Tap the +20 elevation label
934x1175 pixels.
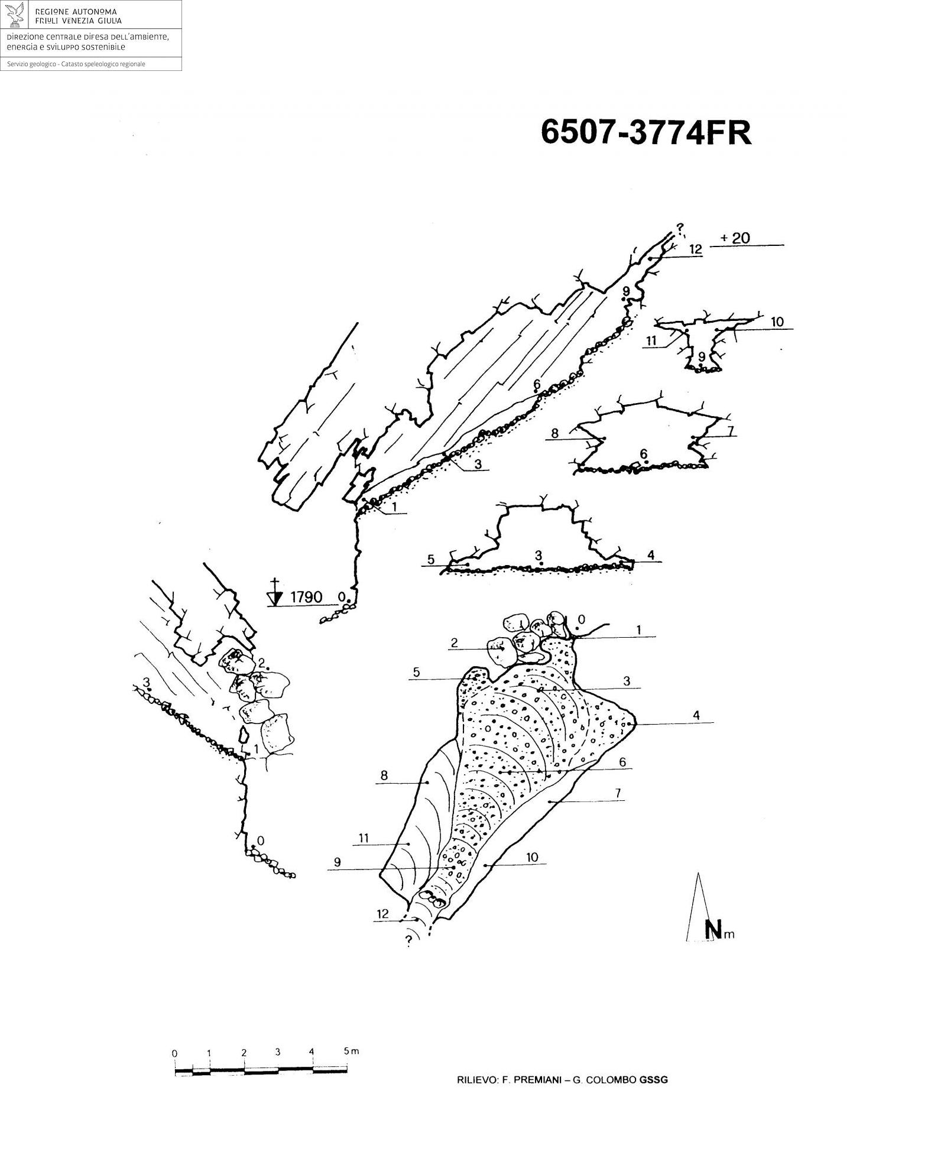tap(735, 238)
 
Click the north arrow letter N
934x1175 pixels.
tap(714, 930)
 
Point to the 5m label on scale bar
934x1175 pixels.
tap(351, 1051)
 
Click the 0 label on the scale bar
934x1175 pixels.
tap(174, 1054)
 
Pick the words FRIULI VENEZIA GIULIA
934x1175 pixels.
tap(79, 21)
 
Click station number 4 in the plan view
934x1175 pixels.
tap(696, 716)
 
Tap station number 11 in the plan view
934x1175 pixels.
tap(364, 838)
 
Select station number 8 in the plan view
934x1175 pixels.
tap(384, 776)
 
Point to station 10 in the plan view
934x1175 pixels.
tap(532, 858)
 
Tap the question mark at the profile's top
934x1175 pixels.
tap(680, 227)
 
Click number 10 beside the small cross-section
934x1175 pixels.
tap(777, 322)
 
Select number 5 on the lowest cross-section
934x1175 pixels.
tap(431, 559)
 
